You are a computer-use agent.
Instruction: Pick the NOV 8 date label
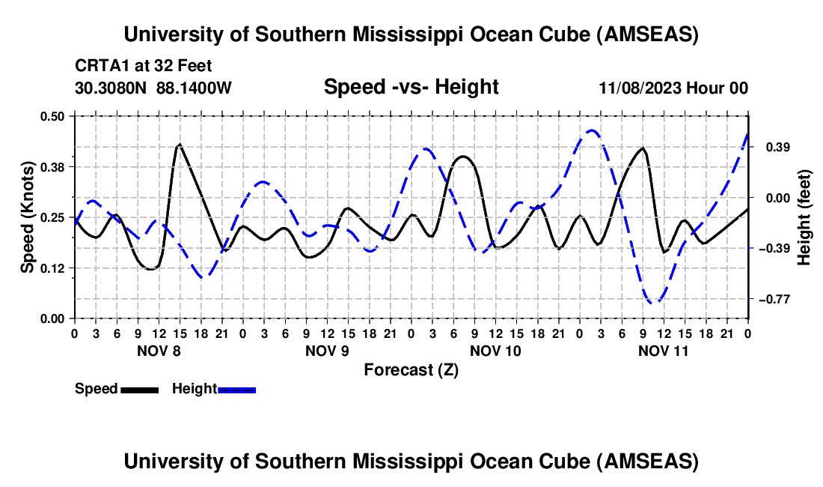click(x=158, y=350)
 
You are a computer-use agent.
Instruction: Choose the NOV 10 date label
click(x=495, y=350)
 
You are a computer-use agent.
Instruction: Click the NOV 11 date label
click(x=664, y=350)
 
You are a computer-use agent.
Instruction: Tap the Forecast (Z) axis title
click(x=411, y=369)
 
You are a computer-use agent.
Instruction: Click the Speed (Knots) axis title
click(x=27, y=217)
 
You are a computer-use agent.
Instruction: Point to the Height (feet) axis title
click(x=804, y=217)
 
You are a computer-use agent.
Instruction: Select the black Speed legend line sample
click(x=139, y=389)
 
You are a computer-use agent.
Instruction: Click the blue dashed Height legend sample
click(x=237, y=389)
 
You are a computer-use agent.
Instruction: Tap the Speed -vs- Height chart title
click(x=411, y=87)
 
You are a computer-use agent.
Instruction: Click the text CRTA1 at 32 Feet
click(x=133, y=66)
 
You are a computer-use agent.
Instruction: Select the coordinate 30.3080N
click(x=112, y=88)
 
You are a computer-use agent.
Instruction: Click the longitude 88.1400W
click(x=194, y=88)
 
